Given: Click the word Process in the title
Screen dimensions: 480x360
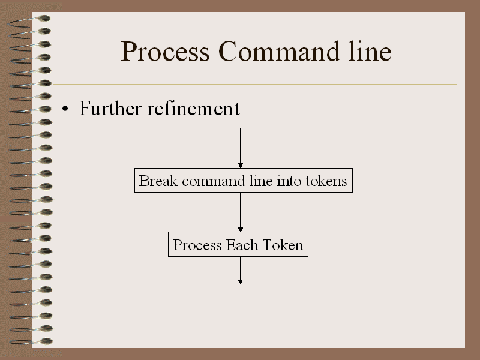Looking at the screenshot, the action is coord(166,52).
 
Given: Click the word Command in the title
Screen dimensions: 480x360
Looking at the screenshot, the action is coord(279,51).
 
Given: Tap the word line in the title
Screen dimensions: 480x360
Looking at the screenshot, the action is coord(370,51).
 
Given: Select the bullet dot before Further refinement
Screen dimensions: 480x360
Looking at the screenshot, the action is coord(65,109).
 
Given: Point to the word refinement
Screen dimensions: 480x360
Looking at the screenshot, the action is coord(193,108).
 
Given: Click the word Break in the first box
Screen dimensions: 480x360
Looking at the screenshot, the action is coord(158,181).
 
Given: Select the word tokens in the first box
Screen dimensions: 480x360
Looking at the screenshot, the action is coord(326,181).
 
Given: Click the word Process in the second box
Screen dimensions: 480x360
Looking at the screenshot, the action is coord(197,245).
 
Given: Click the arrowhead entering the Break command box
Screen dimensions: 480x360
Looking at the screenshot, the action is coord(241,166).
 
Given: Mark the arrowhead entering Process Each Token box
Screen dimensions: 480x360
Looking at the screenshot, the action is coord(241,229).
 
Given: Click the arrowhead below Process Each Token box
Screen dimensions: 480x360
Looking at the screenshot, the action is coord(241,281).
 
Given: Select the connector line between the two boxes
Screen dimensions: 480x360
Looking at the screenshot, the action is coord(241,212).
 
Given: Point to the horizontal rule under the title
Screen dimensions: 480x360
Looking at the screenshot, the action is coord(255,84).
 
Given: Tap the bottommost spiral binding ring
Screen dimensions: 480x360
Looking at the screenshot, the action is coord(31,342).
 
